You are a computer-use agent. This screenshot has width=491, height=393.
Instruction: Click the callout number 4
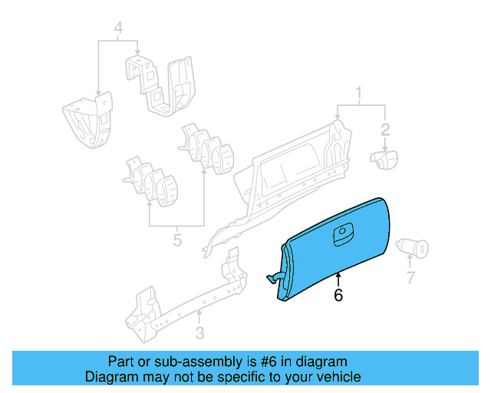coord(118,29)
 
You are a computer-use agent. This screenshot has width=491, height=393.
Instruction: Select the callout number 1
coord(358,94)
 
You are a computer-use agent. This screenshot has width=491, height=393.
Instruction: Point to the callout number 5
coord(177,240)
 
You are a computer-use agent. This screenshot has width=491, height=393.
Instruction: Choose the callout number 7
coord(410,277)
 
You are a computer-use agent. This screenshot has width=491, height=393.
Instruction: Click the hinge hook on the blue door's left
coord(273,277)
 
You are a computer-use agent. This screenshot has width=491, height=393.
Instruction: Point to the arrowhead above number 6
coord(338,274)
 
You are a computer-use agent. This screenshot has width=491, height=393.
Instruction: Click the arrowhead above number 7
coord(410,260)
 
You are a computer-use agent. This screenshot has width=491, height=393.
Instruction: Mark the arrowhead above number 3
coord(199,313)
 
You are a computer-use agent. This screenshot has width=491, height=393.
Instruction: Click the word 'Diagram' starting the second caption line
coord(110,377)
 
